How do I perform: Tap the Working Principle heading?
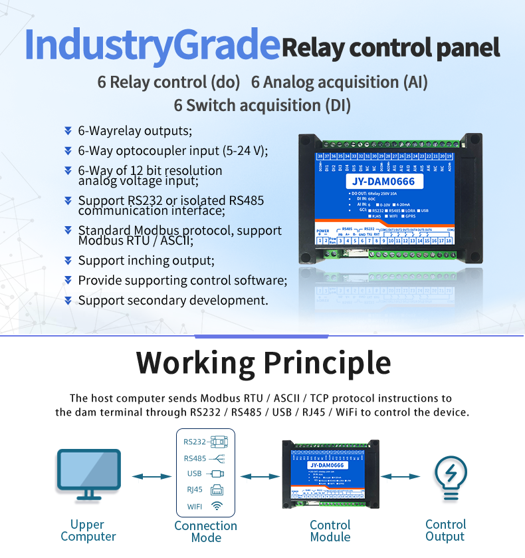(263, 363)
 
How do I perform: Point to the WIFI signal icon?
(217, 507)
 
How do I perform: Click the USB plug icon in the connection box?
(216, 474)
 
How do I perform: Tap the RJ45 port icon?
(217, 491)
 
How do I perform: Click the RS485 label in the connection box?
(195, 458)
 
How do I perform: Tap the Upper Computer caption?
(88, 530)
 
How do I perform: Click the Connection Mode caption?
(206, 531)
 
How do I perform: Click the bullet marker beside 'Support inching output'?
(68, 261)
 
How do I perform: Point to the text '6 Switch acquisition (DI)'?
(262, 105)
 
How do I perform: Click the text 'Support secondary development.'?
(173, 301)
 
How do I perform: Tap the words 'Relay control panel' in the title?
(391, 48)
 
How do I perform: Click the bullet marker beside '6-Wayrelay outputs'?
(68, 130)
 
